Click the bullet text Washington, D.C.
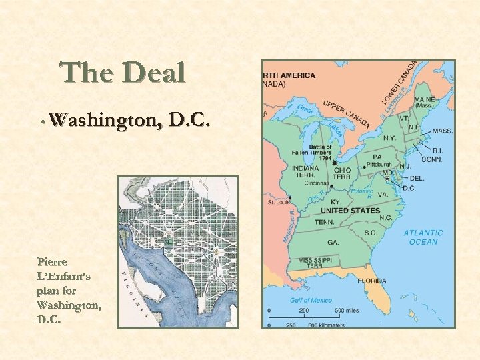click(x=129, y=121)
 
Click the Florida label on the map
click(x=371, y=281)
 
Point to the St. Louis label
click(x=279, y=201)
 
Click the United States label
click(x=350, y=211)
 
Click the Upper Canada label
click(x=347, y=115)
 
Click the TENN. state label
click(x=324, y=222)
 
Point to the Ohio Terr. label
click(x=343, y=172)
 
